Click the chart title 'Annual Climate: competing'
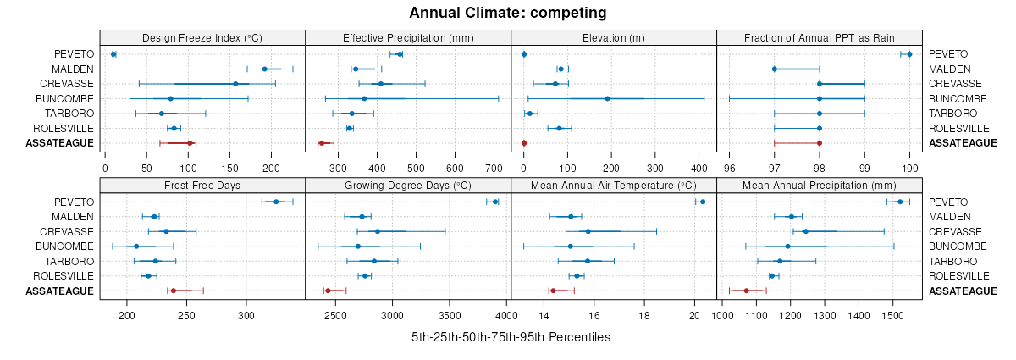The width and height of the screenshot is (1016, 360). [508, 13]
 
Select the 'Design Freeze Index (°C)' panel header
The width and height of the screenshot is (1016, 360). [202, 37]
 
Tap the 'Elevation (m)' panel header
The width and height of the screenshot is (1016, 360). [614, 37]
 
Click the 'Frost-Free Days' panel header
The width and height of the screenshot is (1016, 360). [202, 185]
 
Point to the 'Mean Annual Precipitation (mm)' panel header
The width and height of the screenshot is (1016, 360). [819, 185]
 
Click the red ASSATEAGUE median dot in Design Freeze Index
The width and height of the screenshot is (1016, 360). [190, 143]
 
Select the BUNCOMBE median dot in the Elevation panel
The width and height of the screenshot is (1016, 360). [608, 98]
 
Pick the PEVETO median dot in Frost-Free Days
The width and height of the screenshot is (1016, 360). [276, 202]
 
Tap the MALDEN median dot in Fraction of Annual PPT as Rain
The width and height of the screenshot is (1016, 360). [775, 69]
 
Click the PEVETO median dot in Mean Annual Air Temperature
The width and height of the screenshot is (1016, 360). [703, 202]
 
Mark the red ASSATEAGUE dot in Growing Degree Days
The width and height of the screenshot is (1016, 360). [328, 291]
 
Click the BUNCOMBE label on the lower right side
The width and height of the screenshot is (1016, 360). [958, 246]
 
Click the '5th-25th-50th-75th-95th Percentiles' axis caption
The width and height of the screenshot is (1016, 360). [511, 337]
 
